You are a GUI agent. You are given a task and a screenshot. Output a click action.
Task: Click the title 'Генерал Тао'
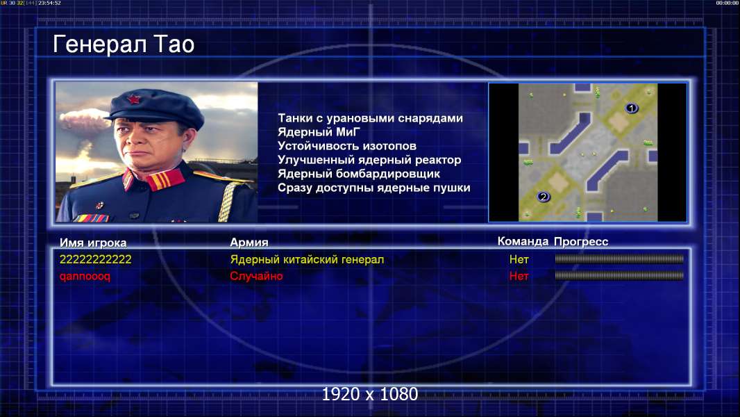pos(124,44)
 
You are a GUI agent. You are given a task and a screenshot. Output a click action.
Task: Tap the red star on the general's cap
pos(133,99)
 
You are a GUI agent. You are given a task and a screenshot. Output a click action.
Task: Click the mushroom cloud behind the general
pos(85,121)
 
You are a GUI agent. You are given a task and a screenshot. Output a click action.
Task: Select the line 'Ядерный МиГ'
pos(319,132)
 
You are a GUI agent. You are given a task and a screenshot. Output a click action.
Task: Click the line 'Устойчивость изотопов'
pos(347,146)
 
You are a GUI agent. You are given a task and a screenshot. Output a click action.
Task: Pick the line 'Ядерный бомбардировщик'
pos(359,174)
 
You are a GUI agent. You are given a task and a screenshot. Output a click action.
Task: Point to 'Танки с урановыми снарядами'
pos(370,118)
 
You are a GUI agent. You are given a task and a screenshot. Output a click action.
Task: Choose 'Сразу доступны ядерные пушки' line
pos(373,188)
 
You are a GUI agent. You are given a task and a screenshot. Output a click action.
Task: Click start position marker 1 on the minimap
pos(631,108)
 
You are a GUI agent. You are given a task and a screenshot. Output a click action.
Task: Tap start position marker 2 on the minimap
pos(544,197)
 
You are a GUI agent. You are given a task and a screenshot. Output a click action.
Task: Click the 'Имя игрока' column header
pos(93,243)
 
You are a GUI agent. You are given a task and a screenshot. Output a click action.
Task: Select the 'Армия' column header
pos(249,243)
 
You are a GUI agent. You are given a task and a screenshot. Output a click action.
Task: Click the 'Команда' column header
pos(523,241)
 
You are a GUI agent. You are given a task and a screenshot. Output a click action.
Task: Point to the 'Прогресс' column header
pos(581,242)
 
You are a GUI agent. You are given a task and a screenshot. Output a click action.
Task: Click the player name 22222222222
pos(95,259)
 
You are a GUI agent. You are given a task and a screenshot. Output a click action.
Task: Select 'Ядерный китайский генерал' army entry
pos(307,259)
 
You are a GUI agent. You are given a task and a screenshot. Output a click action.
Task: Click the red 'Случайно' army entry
pos(256,276)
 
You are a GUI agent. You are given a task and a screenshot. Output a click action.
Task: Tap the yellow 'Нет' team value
pos(519,259)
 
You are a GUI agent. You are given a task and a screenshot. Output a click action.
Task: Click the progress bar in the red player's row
pos(619,275)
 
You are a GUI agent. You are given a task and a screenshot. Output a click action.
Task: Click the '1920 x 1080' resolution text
pos(369,394)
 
